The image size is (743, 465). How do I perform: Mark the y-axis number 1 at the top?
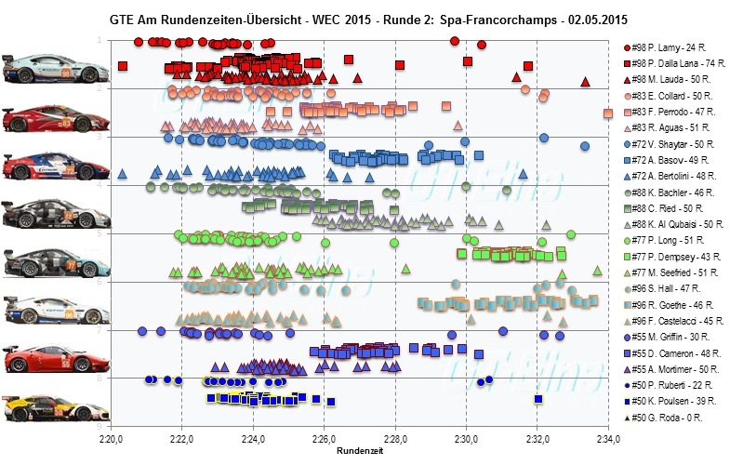[x=99, y=40]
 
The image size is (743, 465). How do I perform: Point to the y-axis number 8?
[x=99, y=379]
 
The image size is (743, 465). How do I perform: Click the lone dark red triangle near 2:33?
[x=585, y=82]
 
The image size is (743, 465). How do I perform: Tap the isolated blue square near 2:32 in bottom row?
[x=538, y=399]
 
